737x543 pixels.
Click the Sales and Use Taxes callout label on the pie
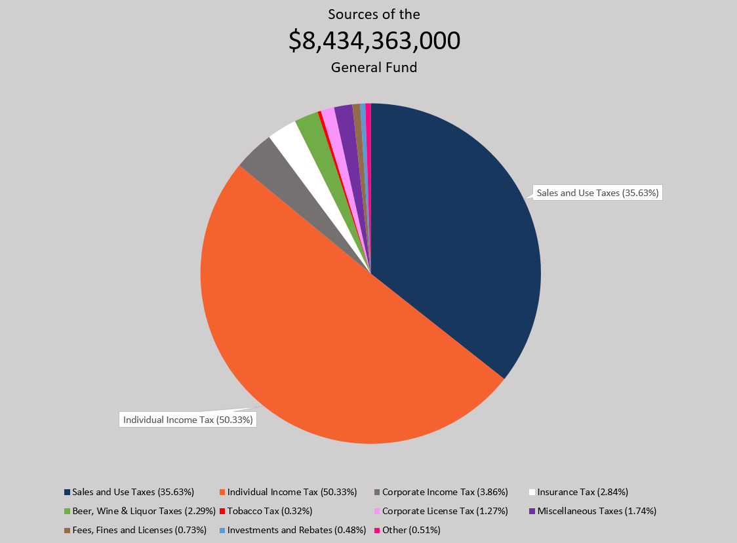click(597, 193)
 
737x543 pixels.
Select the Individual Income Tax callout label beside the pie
click(188, 420)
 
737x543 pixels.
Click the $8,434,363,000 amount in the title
click(374, 41)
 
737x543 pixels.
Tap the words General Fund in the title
click(374, 67)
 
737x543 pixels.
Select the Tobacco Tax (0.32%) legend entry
click(269, 511)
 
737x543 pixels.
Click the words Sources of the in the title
click(374, 14)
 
